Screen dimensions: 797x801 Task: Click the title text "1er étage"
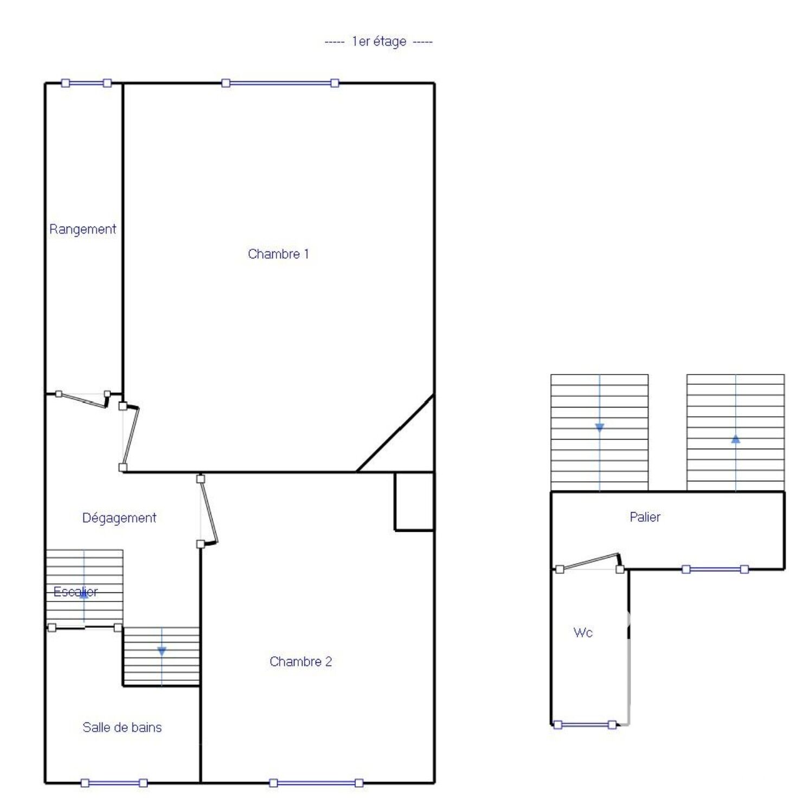[x=379, y=42]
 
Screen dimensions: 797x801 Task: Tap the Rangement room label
[x=83, y=229]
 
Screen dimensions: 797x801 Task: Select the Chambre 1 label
[x=278, y=254]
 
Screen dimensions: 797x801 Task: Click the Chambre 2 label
[x=300, y=661]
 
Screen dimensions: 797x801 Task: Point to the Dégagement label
[x=119, y=518]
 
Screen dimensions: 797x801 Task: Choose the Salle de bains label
[x=122, y=727]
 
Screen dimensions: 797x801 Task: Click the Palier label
[x=645, y=517]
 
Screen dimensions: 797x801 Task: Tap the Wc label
[x=583, y=632]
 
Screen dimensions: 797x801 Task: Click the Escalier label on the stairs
[x=75, y=592]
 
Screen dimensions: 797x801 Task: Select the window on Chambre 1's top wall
[x=280, y=83]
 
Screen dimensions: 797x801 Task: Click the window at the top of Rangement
[x=86, y=83]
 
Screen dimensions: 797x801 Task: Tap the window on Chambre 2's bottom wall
[x=316, y=783]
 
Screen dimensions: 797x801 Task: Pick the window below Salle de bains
[x=114, y=783]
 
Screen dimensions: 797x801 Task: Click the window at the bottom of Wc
[x=585, y=725]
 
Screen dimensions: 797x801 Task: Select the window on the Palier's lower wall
[x=715, y=569]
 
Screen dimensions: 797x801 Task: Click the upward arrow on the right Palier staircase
[x=736, y=440]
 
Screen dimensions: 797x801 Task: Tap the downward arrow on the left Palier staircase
[x=600, y=428]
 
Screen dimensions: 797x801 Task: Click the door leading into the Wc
[x=590, y=562]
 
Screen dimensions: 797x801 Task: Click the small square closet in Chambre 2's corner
[x=414, y=501]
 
